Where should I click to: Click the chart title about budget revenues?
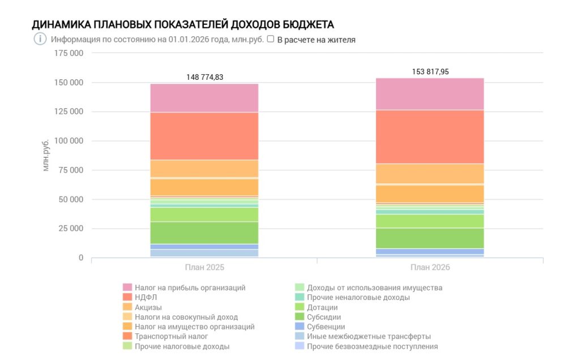(183, 25)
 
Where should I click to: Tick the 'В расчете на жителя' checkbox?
(271, 40)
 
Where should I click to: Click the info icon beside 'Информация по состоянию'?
(40, 40)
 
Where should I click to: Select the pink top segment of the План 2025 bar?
(204, 98)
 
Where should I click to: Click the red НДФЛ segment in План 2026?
(430, 136)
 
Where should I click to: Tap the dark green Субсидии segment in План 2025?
(204, 233)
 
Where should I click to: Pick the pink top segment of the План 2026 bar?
(430, 93)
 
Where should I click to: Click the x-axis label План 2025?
(204, 267)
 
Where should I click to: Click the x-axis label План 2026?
(430, 267)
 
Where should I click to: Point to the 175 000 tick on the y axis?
(69, 53)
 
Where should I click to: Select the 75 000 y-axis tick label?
(71, 170)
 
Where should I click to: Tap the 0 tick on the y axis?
(81, 258)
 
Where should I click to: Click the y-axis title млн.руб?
(46, 154)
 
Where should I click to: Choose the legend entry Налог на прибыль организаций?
(190, 288)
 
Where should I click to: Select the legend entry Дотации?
(323, 307)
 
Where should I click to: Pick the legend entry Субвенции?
(326, 327)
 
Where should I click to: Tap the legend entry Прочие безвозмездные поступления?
(372, 346)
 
